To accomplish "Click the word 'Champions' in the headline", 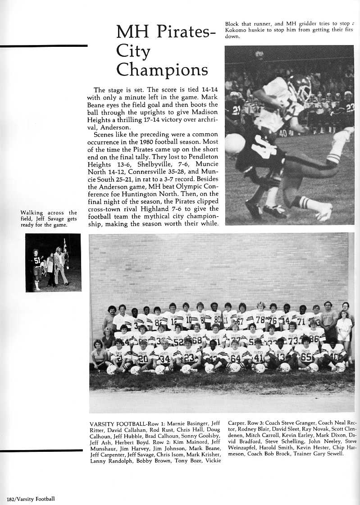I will click(162, 70).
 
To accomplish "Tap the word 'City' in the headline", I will click(133, 52).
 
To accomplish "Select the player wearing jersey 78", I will click(260, 315).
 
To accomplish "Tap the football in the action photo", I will click(235, 143).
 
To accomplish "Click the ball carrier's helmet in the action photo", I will click(300, 86).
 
